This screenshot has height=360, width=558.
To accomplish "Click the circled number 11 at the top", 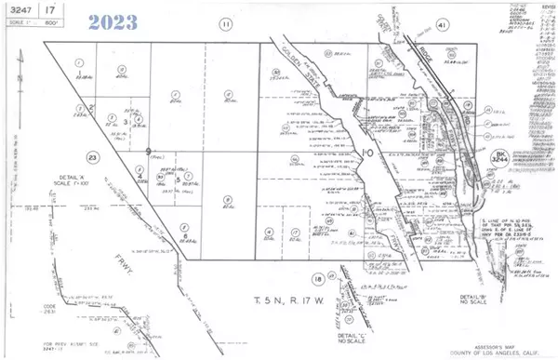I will pos(226,24).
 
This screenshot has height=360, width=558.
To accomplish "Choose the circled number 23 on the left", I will pos(65,158).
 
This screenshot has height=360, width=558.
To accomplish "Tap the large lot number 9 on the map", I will pos(149,150).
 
